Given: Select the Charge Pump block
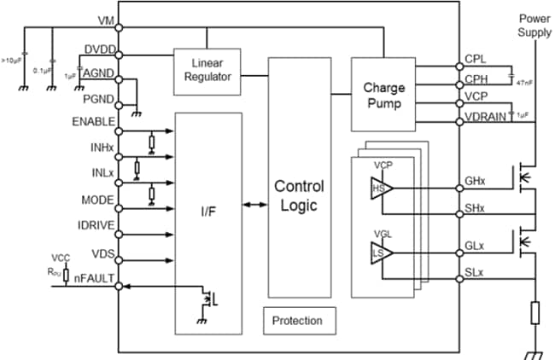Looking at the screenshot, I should tap(383, 95).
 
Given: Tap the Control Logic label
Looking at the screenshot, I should tap(298, 195).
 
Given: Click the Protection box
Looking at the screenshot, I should tap(298, 321).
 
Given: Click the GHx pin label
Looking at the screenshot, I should tap(476, 182).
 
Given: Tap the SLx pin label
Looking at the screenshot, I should tap(475, 272).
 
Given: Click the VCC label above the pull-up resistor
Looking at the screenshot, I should tap(61, 257).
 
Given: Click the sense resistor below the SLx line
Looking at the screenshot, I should tap(535, 313).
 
